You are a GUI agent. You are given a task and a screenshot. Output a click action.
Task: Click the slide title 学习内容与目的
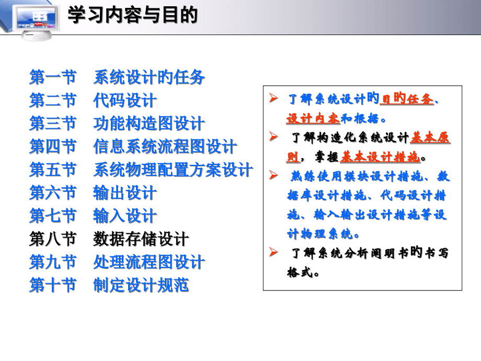coord(133,15)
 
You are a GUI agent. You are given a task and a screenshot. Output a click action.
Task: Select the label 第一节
coord(53,78)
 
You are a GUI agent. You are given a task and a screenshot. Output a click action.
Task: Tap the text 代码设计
coord(125,100)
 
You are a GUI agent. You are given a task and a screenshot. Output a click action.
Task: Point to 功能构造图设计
coord(149,124)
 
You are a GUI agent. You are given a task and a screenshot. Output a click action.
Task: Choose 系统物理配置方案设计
coord(173,170)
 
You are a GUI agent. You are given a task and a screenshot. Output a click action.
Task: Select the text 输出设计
coord(125,193)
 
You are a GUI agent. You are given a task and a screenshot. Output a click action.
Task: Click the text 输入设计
coord(125,216)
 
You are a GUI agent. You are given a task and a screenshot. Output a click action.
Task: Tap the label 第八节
coord(53,240)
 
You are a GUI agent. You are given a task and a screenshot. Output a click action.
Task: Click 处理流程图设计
coord(149,262)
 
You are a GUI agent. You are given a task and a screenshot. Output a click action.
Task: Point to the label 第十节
coord(53,285)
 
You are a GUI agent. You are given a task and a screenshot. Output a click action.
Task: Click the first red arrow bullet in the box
coord(273,98)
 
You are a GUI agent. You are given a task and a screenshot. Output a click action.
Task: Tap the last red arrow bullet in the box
coord(273,253)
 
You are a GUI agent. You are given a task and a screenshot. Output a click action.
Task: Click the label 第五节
coord(53,170)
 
